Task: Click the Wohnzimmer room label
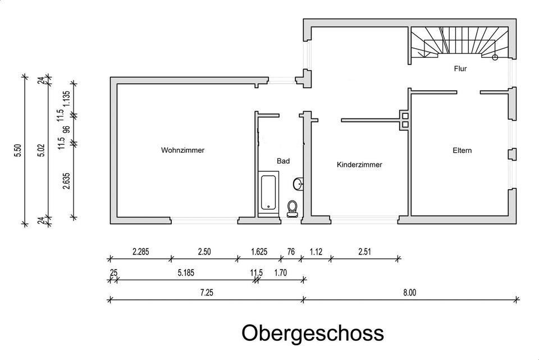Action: coord(182,151)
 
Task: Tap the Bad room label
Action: coord(284,161)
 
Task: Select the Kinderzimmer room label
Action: coord(359,165)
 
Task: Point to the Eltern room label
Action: coord(463,151)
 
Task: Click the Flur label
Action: coord(460,69)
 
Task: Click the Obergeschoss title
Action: coord(313,332)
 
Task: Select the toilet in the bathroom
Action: coord(292,208)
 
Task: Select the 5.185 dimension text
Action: coord(186,272)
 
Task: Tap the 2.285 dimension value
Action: coord(140,252)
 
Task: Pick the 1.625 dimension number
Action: coord(259,252)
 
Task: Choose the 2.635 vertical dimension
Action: coord(66,181)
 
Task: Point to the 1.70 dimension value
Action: coord(281,272)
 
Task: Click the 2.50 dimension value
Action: coord(203,252)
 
